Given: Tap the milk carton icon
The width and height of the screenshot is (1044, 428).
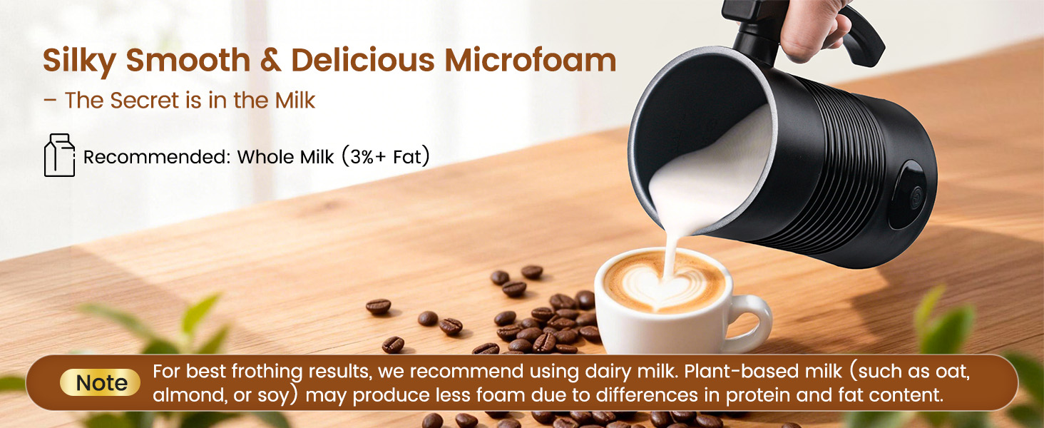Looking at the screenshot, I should click(59, 155).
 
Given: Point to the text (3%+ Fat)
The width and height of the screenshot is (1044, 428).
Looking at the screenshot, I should click(385, 156).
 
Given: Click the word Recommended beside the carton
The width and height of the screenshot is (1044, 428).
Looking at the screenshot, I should click(156, 157).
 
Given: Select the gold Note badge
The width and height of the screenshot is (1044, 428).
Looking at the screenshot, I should click(101, 383).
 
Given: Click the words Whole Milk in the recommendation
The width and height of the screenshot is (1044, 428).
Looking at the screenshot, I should click(285, 157).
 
